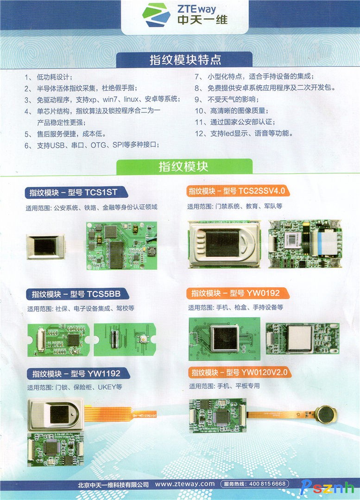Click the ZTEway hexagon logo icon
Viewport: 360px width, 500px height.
pos(156,15)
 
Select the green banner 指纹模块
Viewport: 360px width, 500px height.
pos(184,166)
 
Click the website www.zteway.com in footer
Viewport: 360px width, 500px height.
pos(185,484)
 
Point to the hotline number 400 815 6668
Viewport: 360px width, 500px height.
pos(267,484)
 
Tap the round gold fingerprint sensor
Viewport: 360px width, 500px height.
pos(326,415)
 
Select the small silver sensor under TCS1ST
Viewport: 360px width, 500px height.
pos(45,247)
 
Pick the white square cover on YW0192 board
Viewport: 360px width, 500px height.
pos(299,339)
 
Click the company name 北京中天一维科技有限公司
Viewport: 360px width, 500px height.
pos(113,485)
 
